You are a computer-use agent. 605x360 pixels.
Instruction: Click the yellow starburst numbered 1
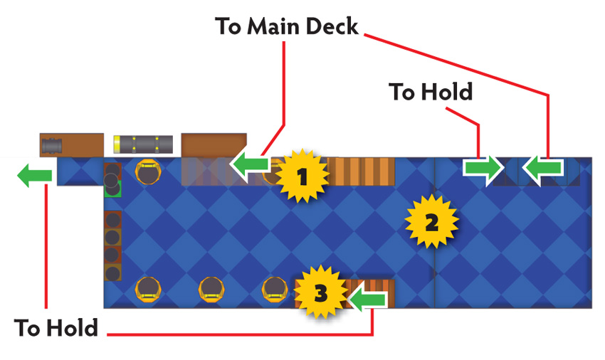[x=302, y=176]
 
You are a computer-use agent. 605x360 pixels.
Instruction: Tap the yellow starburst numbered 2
[x=431, y=221]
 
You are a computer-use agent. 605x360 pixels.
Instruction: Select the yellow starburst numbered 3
[x=320, y=292]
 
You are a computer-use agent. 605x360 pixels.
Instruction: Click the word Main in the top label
[x=273, y=26]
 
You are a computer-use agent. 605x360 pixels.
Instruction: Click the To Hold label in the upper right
[x=431, y=92]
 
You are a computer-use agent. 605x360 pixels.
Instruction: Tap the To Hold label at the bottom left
[x=56, y=328]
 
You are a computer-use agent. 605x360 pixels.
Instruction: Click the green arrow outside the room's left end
[x=35, y=175]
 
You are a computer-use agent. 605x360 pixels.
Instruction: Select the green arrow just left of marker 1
[x=251, y=164]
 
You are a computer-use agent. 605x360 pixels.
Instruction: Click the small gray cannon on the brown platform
[x=52, y=145]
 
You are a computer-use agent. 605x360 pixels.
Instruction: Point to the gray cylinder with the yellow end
[x=143, y=144]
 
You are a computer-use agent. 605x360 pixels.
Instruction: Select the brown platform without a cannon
[x=214, y=145]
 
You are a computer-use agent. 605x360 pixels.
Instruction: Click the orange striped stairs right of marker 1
[x=361, y=171]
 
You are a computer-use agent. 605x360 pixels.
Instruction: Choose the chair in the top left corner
[x=148, y=171]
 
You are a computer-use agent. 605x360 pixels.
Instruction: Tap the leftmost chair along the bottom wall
[x=148, y=290]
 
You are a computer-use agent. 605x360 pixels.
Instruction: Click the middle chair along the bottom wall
[x=211, y=290]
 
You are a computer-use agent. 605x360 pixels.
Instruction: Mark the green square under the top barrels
[x=114, y=189]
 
